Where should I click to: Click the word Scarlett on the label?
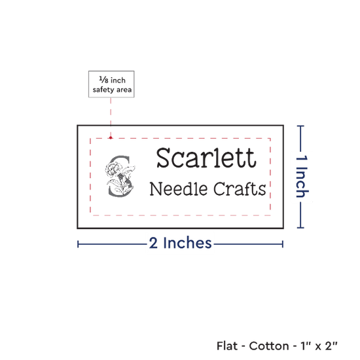pyautogui.click(x=206, y=158)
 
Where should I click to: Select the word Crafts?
pyautogui.click(x=240, y=189)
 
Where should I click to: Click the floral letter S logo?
pyautogui.click(x=120, y=176)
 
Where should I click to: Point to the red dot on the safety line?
pyautogui.click(x=111, y=137)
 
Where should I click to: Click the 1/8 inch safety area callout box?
pyautogui.click(x=111, y=84)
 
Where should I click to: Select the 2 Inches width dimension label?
pyautogui.click(x=180, y=243)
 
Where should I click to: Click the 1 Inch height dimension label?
pyautogui.click(x=302, y=176)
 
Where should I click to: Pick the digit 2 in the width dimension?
pyautogui.click(x=153, y=243)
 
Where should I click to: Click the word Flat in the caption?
pyautogui.click(x=227, y=346)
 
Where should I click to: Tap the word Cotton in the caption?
pyautogui.click(x=269, y=346)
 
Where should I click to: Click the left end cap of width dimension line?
pyautogui.click(x=78, y=244)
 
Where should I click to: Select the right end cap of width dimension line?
pyautogui.click(x=283, y=244)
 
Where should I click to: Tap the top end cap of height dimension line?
pyautogui.click(x=300, y=126)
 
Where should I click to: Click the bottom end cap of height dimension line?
pyautogui.click(x=300, y=228)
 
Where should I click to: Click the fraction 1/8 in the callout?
pyautogui.click(x=103, y=80)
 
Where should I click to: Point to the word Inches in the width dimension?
pyautogui.click(x=187, y=243)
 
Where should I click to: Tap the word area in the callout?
pyautogui.click(x=124, y=90)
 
